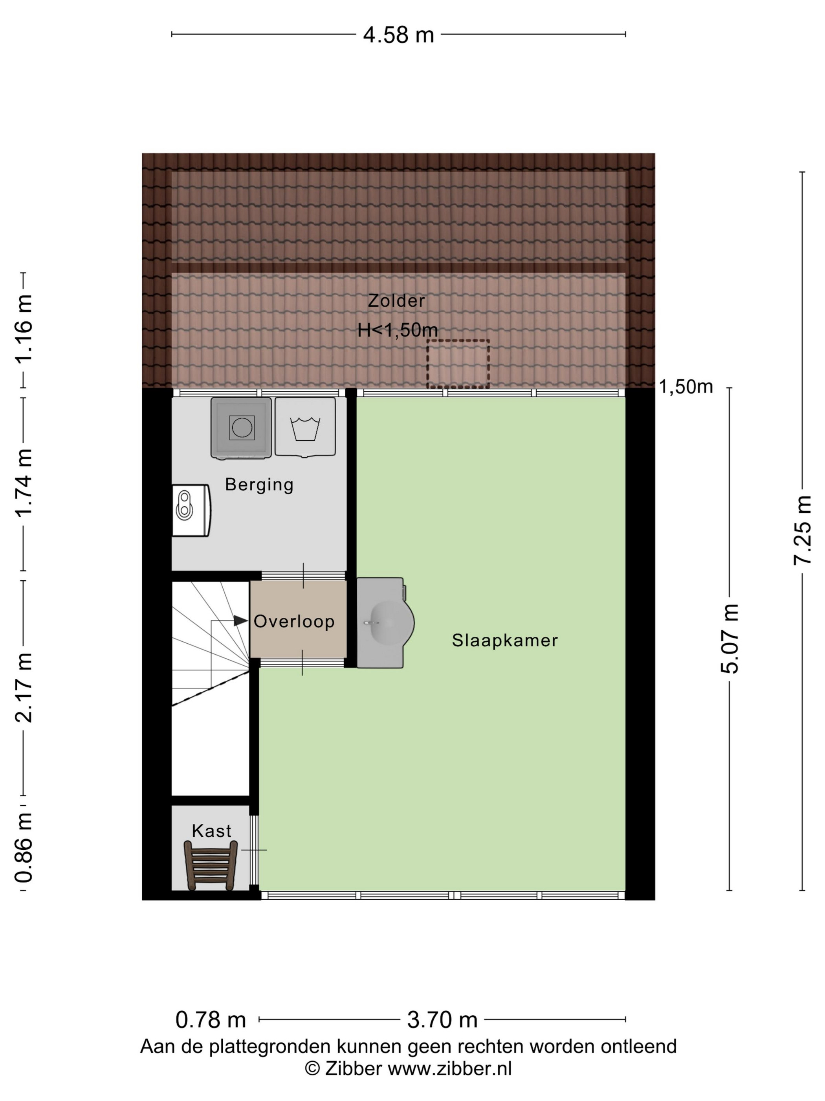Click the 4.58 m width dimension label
pyautogui.click(x=398, y=35)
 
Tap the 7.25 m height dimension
pyautogui.click(x=803, y=530)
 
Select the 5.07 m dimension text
pyautogui.click(x=730, y=639)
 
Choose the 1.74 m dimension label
pyautogui.click(x=23, y=483)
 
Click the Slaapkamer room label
pyautogui.click(x=505, y=640)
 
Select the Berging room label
pyautogui.click(x=259, y=485)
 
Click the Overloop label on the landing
pyautogui.click(x=294, y=621)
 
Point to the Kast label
pyautogui.click(x=211, y=831)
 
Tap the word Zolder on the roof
pyautogui.click(x=396, y=301)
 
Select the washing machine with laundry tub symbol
pyautogui.click(x=305, y=427)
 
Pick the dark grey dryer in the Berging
pyautogui.click(x=241, y=427)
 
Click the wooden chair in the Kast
pyautogui.click(x=210, y=865)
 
